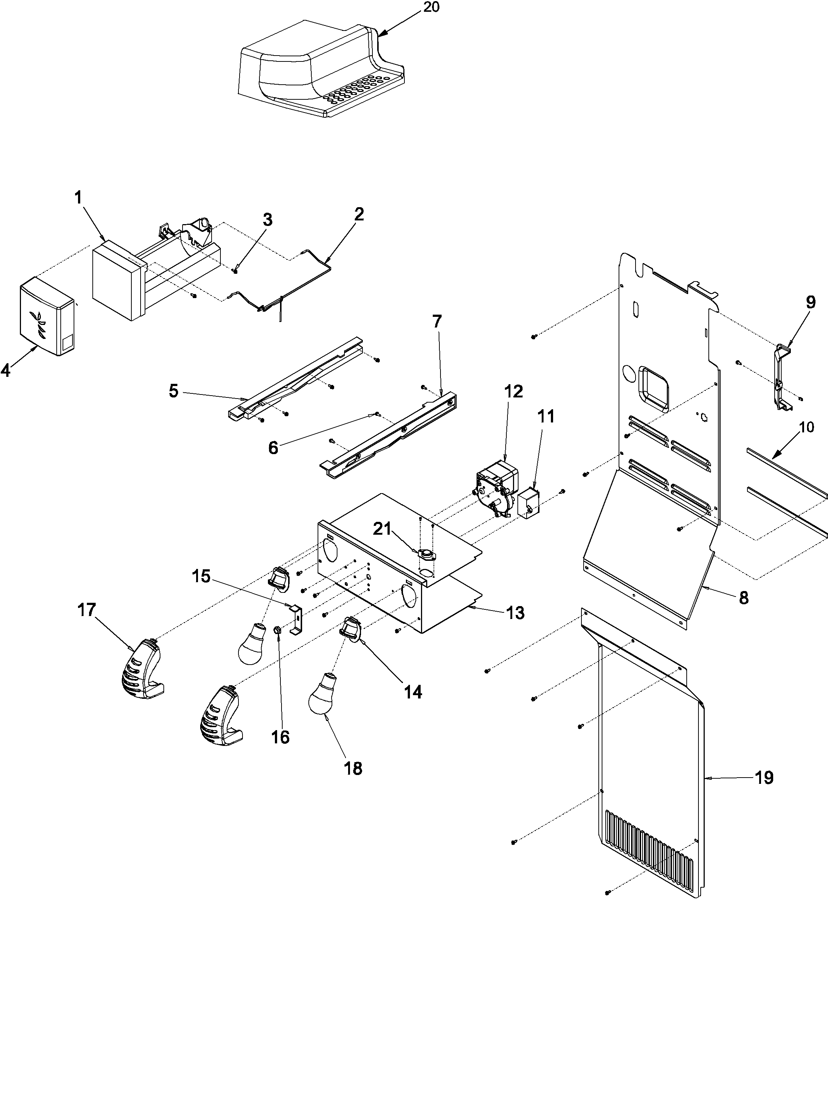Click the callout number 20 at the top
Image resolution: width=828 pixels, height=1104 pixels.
tap(431, 8)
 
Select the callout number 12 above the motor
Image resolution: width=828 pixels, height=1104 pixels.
tap(514, 392)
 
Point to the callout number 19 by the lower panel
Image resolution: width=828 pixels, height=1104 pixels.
tap(764, 778)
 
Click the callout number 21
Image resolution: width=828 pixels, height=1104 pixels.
tap(383, 529)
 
